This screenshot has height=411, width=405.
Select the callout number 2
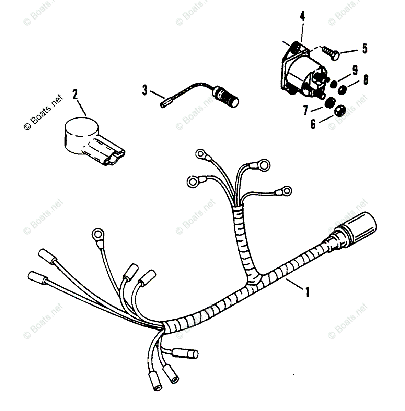coord(75,94)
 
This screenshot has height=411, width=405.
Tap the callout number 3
coord(144,91)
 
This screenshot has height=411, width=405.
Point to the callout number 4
coord(302,16)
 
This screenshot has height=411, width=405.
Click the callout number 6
coord(313,124)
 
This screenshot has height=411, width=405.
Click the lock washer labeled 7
coord(330,102)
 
